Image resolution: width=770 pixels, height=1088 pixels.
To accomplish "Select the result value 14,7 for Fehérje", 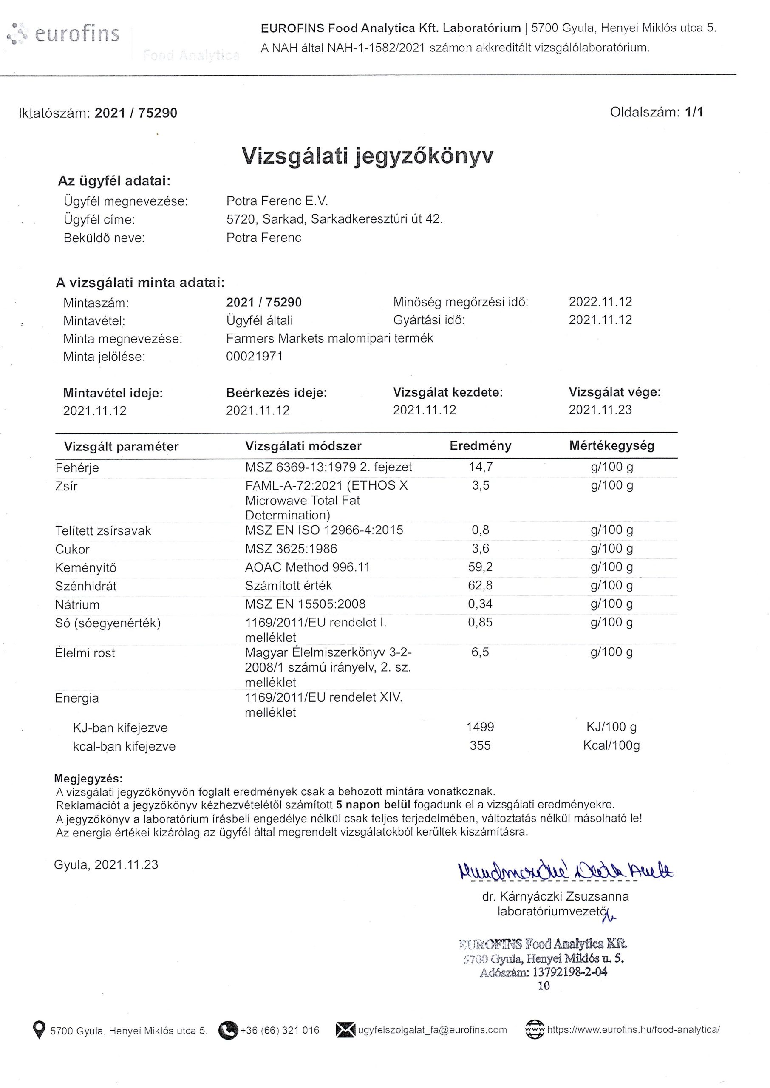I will (480, 467).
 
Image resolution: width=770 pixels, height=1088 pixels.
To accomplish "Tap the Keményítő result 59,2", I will (480, 567).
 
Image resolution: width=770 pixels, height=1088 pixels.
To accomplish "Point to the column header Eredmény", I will (480, 446).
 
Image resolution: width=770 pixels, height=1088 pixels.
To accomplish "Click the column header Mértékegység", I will (611, 446).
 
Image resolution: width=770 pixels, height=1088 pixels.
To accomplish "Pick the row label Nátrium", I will (77, 604).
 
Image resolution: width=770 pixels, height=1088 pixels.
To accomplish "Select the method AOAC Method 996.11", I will (307, 567).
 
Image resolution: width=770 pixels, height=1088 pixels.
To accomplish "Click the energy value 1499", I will (480, 727).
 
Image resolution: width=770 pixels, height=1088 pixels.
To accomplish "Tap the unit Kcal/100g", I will (611, 745).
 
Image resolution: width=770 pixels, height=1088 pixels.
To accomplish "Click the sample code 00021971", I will (254, 357).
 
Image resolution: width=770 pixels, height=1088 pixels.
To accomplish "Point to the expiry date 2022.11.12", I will (600, 302).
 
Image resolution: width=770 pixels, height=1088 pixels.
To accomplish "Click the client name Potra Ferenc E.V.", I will (277, 201).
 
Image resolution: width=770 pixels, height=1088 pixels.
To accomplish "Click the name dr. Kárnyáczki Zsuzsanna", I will (555, 896).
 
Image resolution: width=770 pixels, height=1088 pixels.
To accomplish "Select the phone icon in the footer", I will (228, 1030).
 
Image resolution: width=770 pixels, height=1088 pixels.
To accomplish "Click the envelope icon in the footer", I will (345, 1030).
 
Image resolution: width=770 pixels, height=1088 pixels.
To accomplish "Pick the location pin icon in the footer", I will (39, 1030).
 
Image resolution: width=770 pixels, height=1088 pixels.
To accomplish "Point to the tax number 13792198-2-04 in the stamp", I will (569, 972).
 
